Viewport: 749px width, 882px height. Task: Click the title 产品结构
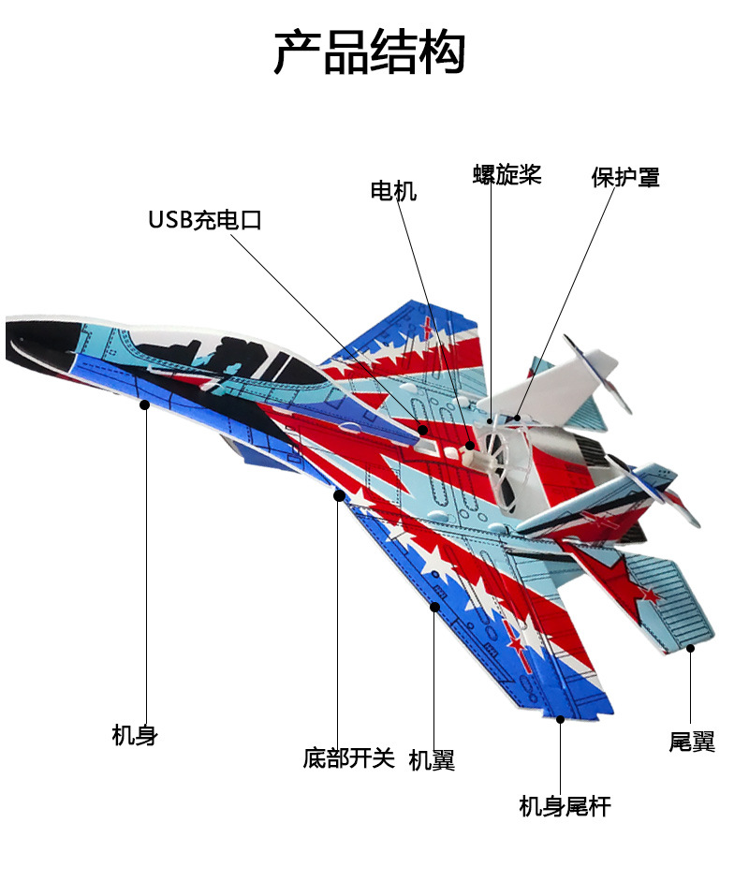369,52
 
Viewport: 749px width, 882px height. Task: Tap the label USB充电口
204,221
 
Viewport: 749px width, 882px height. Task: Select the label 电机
393,192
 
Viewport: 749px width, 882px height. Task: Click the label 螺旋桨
507,175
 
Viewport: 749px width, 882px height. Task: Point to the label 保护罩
625,177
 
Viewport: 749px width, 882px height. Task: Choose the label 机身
135,736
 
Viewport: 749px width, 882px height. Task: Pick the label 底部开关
349,757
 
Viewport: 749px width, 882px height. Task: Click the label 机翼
432,761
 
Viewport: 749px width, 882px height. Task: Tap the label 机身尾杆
565,806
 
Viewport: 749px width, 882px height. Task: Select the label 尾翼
692,742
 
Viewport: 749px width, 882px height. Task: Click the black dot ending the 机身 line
145,404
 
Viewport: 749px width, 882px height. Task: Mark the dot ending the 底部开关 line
339,495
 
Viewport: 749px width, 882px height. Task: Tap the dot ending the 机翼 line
434,607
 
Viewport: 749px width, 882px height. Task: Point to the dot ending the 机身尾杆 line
561,719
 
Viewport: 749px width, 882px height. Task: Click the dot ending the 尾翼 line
691,647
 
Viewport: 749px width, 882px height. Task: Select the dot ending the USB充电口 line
422,430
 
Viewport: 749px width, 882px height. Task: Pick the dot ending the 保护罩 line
518,417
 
